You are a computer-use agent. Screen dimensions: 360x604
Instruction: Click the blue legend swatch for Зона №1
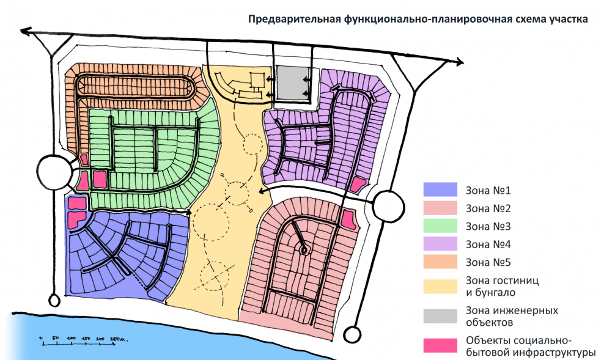(x=440, y=190)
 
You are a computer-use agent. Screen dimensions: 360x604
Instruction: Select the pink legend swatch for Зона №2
(x=440, y=208)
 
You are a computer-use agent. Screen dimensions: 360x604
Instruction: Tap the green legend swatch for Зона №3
(x=440, y=226)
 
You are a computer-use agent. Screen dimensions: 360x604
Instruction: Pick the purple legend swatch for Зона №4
(x=440, y=244)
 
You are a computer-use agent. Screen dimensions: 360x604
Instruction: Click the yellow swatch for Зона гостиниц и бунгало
(x=440, y=286)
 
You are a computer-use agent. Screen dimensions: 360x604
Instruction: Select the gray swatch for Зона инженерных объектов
(x=440, y=316)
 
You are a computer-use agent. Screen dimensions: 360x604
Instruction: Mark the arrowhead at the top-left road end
(x=25, y=30)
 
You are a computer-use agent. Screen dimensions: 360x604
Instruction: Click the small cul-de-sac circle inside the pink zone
(x=303, y=249)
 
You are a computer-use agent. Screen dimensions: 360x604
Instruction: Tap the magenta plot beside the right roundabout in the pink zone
(x=348, y=218)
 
